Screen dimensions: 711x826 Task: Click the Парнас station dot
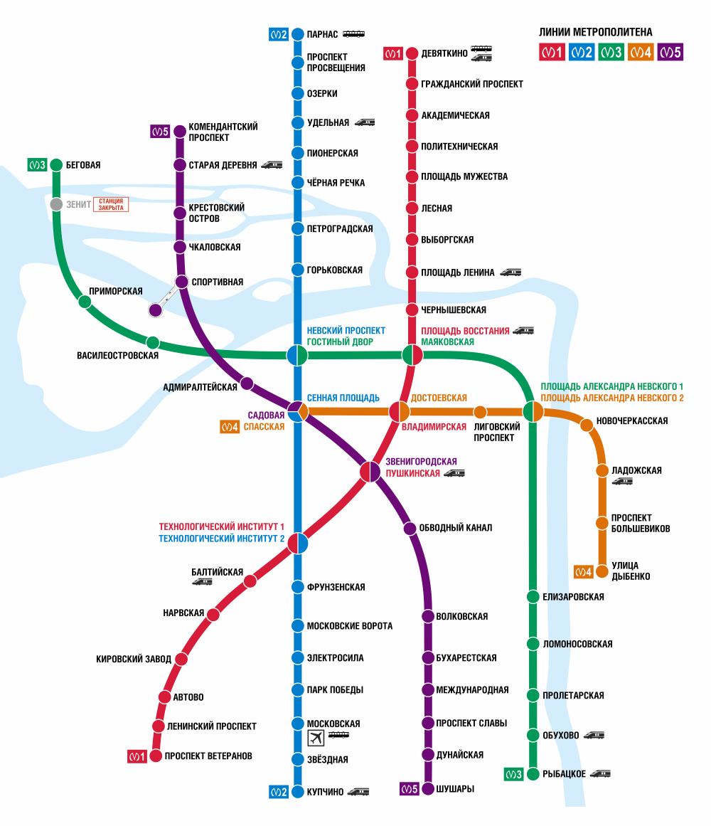pos(297,34)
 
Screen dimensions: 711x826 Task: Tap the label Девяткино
pos(444,53)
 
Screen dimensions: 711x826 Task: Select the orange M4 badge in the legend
pos(640,52)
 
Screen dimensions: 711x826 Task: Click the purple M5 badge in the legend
pos(670,52)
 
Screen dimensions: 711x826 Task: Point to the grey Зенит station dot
pos(57,204)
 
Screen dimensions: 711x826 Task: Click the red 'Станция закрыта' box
pos(111,204)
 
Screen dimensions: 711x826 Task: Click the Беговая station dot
pos(57,165)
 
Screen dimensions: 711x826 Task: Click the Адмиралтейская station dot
pos(247,383)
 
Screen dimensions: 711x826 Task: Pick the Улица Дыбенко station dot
pos(602,571)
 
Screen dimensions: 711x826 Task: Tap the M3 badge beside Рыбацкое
pos(513,774)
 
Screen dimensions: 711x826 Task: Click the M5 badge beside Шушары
pos(409,788)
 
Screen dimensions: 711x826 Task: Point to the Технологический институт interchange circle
pos(297,543)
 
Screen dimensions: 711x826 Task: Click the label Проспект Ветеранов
pos(208,756)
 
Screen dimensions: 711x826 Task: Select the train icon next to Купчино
pos(358,791)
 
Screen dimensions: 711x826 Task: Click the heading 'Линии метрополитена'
pos(596,32)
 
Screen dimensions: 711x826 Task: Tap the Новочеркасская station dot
pos(587,425)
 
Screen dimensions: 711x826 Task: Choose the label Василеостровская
pos(117,355)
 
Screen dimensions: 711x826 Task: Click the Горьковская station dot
pos(297,270)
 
